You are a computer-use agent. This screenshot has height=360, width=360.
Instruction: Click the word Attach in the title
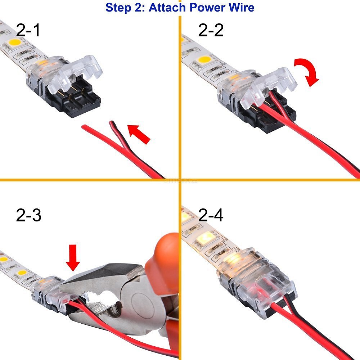(x=167, y=8)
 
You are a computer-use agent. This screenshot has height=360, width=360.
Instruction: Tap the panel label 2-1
(x=28, y=30)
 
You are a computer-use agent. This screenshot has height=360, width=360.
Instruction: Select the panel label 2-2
(x=211, y=30)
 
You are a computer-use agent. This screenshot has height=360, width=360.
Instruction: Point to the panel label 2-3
(x=29, y=215)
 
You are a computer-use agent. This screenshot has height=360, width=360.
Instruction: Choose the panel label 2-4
(x=211, y=215)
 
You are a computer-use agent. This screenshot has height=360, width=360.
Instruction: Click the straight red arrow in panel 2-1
(x=139, y=134)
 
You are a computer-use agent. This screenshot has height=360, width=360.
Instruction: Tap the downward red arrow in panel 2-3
(x=73, y=258)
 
